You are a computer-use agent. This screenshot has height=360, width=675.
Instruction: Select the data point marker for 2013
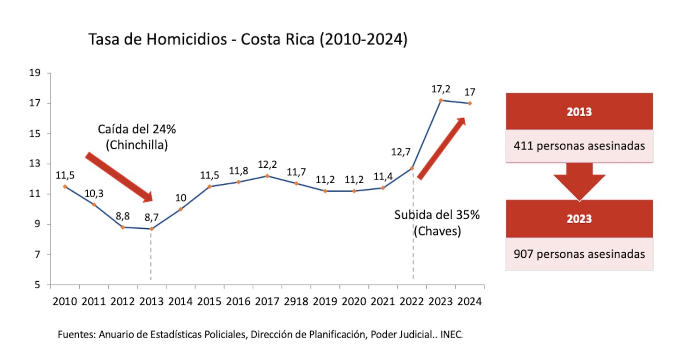coord(151,229)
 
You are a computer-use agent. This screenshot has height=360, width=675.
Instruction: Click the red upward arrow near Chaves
coord(442,148)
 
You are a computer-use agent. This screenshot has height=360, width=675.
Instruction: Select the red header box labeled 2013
coord(579,112)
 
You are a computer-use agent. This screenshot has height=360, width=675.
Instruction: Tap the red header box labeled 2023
coord(579,219)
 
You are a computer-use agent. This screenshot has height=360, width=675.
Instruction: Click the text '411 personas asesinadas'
coord(579,146)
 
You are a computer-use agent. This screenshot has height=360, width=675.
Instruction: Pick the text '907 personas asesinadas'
coord(579,254)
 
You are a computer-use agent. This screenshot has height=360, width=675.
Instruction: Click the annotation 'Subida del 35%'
coord(437,216)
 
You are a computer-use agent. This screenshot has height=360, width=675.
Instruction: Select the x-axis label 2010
coord(65,301)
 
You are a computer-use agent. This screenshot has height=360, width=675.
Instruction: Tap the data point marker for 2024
coord(470,104)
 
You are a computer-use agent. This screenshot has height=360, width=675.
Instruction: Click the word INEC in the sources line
coord(451,335)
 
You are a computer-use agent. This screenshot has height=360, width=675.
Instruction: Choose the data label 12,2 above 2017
coord(267,165)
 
